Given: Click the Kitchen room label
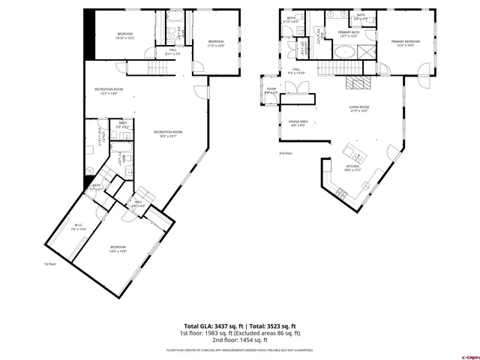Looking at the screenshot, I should click(x=352, y=168).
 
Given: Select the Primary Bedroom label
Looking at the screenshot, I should click(x=405, y=43).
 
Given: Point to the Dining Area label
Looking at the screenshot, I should click(x=297, y=123).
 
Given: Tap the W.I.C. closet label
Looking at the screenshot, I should click(x=78, y=226).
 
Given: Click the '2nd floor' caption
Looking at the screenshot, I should click(x=285, y=153).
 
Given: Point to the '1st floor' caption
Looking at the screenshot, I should click(x=50, y=264).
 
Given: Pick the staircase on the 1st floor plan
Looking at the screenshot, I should click(x=138, y=70).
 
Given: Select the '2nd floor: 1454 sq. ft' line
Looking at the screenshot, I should click(x=240, y=340).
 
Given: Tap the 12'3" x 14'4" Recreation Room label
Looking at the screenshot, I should click(x=109, y=91).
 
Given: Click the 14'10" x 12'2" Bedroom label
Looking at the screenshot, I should click(x=124, y=36).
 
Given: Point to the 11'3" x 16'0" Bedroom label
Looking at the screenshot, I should click(x=216, y=43).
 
